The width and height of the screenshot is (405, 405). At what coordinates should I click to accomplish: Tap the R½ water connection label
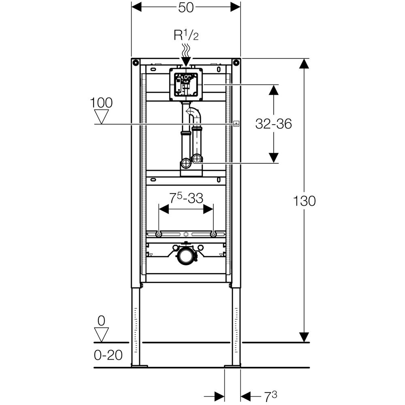coord(186,36)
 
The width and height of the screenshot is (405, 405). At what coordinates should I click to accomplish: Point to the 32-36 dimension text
coord(273,124)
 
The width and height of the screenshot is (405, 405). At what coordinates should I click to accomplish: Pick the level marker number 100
coord(102,102)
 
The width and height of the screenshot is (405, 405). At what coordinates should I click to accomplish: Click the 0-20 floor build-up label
coord(108,355)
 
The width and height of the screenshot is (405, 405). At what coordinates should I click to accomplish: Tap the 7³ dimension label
coord(271,395)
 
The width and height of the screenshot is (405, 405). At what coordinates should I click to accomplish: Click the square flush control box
coord(186,84)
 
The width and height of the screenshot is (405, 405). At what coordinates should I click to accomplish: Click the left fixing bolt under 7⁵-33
coord(159,234)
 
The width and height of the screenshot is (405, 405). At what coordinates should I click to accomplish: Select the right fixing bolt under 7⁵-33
coord(213,234)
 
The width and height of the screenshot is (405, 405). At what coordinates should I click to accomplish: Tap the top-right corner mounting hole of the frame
coord(237,62)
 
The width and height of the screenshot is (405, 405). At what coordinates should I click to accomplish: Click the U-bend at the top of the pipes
coord(194,113)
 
